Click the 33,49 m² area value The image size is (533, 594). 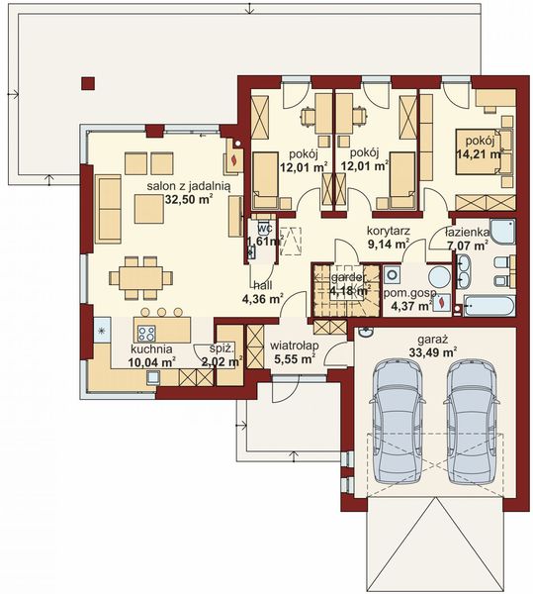tap(434, 350)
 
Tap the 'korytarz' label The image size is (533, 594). tap(388, 229)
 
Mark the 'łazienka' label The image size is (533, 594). tap(469, 230)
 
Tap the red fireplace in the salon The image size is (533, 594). tap(234, 156)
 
